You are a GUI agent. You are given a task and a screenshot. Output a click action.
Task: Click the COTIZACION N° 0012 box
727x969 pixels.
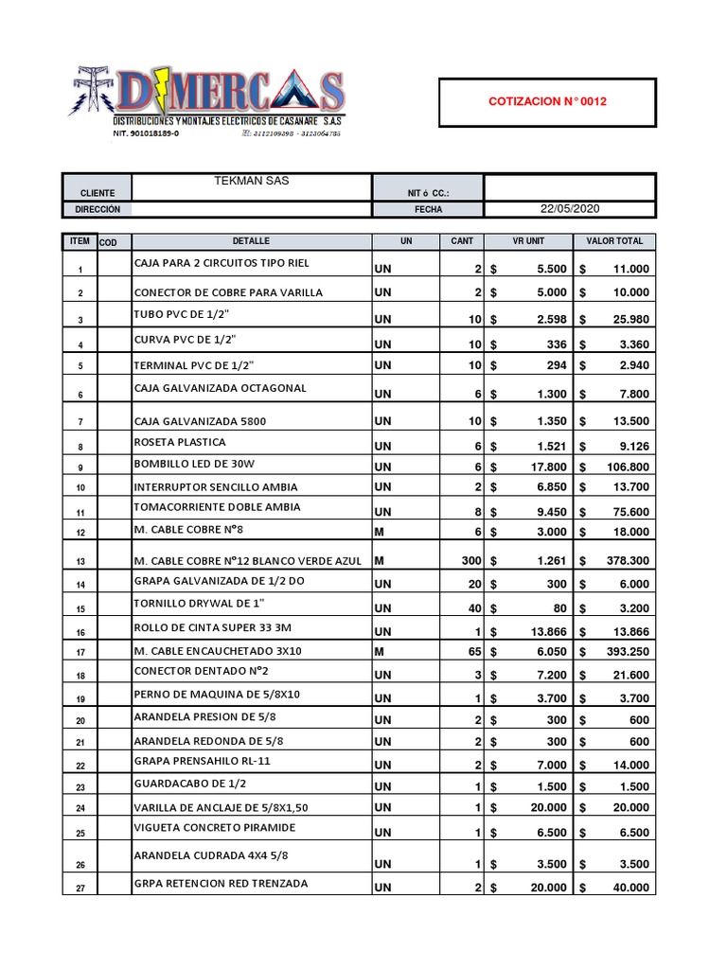click(x=546, y=102)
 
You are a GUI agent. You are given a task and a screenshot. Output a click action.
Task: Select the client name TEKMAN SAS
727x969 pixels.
click(x=251, y=181)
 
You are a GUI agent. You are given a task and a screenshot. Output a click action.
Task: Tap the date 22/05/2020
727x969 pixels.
click(x=569, y=209)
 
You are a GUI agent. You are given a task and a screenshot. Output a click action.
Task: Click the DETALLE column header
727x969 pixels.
click(x=251, y=241)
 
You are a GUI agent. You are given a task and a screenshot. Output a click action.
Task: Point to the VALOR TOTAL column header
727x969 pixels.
click(x=614, y=241)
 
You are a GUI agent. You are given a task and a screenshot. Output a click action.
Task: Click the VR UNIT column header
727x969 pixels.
click(x=528, y=241)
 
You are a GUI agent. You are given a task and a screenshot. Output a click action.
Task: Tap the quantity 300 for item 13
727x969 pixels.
click(x=471, y=561)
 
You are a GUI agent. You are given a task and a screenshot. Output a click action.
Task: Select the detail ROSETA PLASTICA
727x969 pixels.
click(x=180, y=442)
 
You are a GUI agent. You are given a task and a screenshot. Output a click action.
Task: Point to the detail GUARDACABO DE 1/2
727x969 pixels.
click(x=193, y=784)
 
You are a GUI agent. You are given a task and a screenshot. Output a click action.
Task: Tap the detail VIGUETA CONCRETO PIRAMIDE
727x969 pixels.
click(x=215, y=827)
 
